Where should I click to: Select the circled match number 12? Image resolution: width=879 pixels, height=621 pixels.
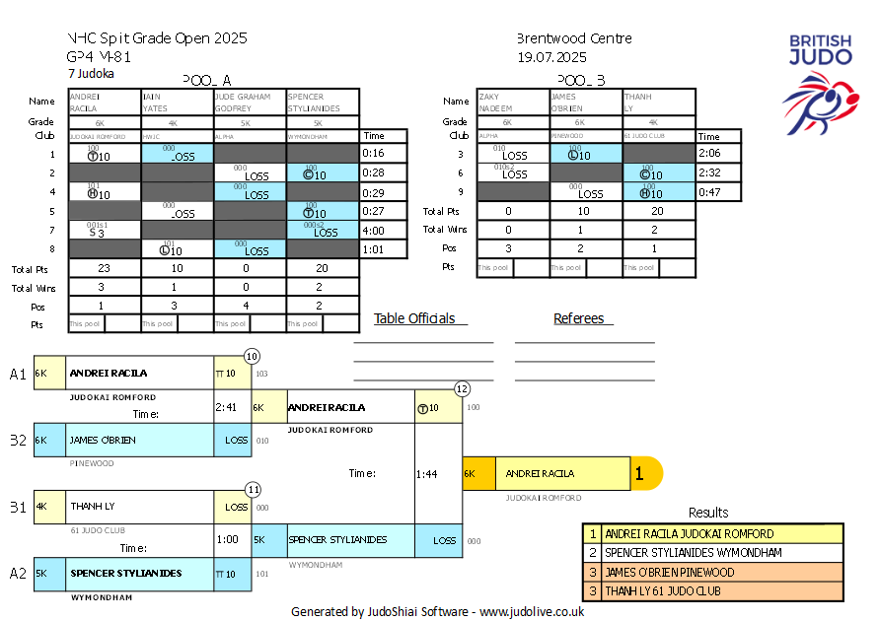click(462, 388)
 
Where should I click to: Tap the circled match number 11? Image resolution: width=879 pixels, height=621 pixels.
click(253, 488)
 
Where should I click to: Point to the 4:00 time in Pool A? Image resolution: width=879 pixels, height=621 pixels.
click(373, 230)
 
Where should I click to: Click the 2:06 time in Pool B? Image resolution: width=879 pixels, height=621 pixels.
click(708, 154)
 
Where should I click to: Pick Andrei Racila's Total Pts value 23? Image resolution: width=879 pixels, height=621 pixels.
click(105, 267)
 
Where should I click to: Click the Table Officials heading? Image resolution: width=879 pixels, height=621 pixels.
click(414, 318)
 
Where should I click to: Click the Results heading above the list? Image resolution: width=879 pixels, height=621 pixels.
click(708, 513)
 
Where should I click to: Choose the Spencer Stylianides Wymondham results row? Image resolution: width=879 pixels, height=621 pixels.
click(712, 553)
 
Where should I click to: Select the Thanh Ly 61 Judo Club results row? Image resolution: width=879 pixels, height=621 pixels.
click(712, 591)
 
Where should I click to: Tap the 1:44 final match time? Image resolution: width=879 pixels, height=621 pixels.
click(426, 474)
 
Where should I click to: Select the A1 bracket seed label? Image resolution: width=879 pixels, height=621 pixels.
click(18, 374)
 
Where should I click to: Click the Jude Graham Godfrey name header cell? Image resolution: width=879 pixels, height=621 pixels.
click(250, 103)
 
